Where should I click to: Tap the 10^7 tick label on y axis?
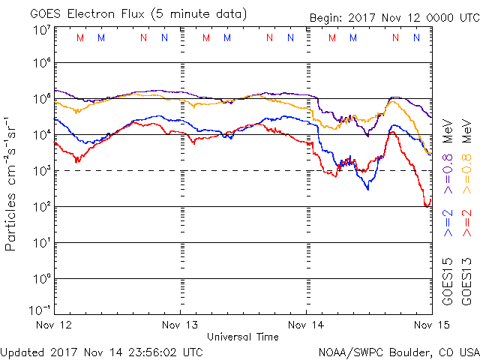click(x=42, y=29)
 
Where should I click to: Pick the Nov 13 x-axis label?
click(x=181, y=325)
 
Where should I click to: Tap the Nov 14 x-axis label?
click(x=307, y=325)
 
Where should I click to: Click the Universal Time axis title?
click(x=243, y=337)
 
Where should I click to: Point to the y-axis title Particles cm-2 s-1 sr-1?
click(x=12, y=184)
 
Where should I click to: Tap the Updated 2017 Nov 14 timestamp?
click(x=101, y=351)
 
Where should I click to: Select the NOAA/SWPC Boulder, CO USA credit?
click(x=398, y=351)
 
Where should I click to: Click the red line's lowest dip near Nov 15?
click(x=427, y=205)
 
